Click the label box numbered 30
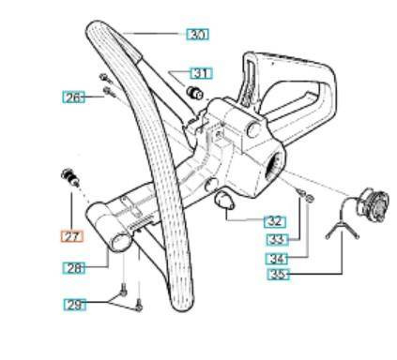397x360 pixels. tap(197, 35)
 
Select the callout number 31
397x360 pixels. tap(202, 72)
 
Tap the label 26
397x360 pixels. tap(73, 97)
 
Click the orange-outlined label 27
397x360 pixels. tap(72, 236)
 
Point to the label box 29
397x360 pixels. tap(75, 304)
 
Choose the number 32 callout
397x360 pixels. tap(274, 222)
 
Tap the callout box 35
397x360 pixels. tap(279, 274)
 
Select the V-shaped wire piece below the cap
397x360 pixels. tap(340, 229)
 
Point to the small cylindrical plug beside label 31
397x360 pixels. tap(197, 92)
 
